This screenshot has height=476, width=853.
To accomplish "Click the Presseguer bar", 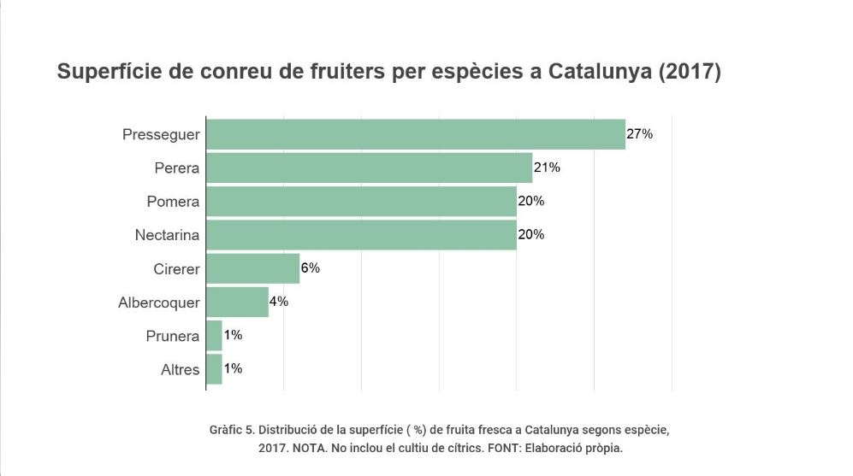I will [416, 134].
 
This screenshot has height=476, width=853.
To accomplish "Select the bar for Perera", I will [369, 167].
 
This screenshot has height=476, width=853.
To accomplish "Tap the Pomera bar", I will [361, 202].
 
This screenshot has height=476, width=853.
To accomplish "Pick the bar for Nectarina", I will [361, 235].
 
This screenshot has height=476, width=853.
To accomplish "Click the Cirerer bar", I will [252, 268].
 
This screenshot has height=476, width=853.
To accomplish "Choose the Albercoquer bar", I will [237, 302].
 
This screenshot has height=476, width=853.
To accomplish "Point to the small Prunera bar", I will [214, 336].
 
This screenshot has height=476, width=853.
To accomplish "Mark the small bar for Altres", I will [214, 369].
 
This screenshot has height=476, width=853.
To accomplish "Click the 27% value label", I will [640, 134].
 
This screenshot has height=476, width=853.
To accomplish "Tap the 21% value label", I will [547, 167].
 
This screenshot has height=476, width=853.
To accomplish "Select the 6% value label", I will [310, 268].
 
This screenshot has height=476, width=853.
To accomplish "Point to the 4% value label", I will [279, 302].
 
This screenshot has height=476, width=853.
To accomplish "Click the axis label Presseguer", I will [161, 135].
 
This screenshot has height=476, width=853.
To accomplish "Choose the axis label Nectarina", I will [167, 235].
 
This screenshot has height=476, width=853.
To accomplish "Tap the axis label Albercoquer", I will [159, 303].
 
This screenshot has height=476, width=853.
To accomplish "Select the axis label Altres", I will [180, 370].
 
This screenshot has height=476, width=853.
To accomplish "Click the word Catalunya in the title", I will [600, 72].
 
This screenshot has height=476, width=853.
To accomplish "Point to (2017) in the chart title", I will [690, 72].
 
